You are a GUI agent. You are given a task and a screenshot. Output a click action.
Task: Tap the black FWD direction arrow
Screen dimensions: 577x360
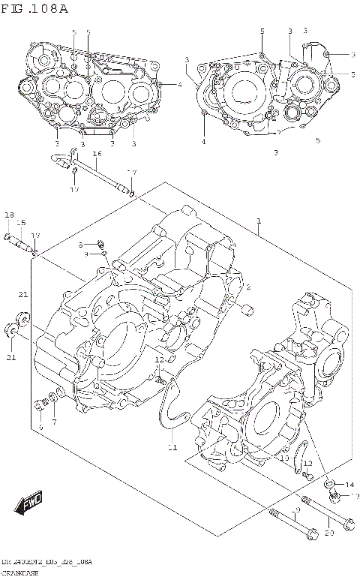point(30,500)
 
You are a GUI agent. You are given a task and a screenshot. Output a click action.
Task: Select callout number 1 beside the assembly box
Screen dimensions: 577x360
point(259,221)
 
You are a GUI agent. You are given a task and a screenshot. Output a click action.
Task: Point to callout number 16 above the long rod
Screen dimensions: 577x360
point(97,154)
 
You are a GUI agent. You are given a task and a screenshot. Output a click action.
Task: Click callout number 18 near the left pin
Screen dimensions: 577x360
point(9,215)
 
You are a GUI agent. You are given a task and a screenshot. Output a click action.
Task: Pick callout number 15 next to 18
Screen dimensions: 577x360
point(22,223)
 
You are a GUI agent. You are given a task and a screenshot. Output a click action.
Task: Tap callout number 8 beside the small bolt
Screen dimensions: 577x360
point(81,245)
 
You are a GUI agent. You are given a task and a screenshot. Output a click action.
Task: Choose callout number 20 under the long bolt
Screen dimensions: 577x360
point(328,533)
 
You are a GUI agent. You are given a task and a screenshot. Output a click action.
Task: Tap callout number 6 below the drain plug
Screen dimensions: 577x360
point(40,426)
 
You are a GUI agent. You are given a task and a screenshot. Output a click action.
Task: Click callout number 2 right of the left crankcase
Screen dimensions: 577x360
point(248,287)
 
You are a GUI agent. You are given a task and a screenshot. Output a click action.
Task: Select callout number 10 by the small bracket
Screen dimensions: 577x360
point(284,458)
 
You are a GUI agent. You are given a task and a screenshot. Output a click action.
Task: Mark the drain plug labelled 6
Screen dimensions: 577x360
point(38,405)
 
